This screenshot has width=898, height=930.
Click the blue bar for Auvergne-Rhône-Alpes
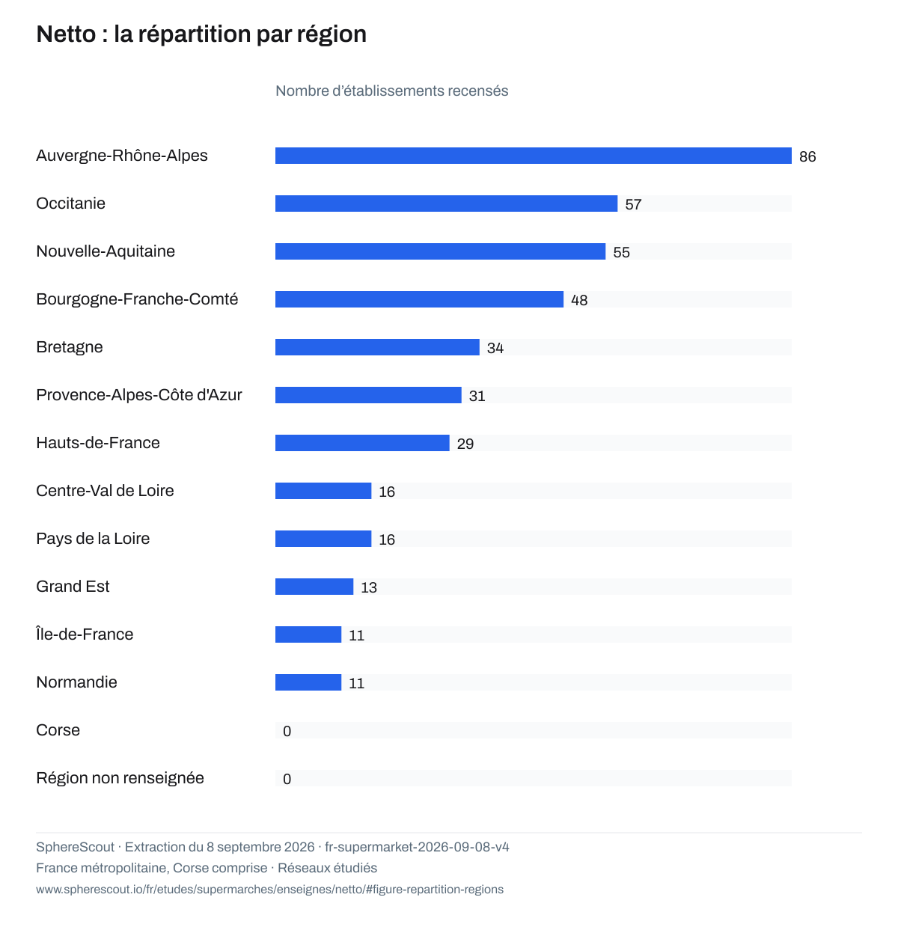tap(533, 156)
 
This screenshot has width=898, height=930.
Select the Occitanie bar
tap(446, 204)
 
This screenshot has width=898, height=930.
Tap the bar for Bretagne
tap(377, 347)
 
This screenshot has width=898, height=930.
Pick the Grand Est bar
tap(314, 587)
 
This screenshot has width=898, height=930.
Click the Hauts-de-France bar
tap(362, 443)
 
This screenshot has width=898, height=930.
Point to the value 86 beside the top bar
tap(807, 157)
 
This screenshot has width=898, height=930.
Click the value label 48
tap(578, 300)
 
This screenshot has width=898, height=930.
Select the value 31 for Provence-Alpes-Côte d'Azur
tap(477, 397)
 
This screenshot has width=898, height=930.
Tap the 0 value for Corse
tap(287, 731)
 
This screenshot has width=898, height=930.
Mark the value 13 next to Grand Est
tap(368, 587)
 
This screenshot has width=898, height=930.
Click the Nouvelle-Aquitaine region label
tap(106, 251)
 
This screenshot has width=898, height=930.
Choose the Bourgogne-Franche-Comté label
tap(137, 299)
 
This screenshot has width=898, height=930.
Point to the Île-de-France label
tap(85, 634)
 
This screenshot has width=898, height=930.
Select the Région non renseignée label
tap(120, 778)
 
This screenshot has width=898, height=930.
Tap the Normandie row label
tap(76, 682)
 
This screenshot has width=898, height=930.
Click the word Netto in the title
tap(66, 34)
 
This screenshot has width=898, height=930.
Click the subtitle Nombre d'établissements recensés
tap(391, 91)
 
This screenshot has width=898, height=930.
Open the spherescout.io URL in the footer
tap(269, 890)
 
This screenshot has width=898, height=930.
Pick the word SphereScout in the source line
tap(75, 847)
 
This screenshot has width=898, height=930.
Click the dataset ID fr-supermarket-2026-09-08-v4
tap(417, 847)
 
